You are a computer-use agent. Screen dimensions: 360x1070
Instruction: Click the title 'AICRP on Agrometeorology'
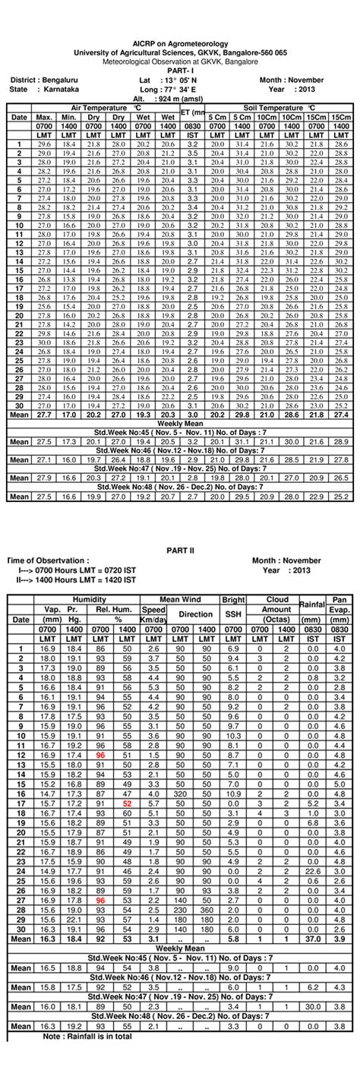[x=180, y=45]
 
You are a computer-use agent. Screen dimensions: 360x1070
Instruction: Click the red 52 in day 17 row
[x=128, y=802]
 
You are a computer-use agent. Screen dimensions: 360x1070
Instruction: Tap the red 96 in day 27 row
[x=100, y=899]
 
